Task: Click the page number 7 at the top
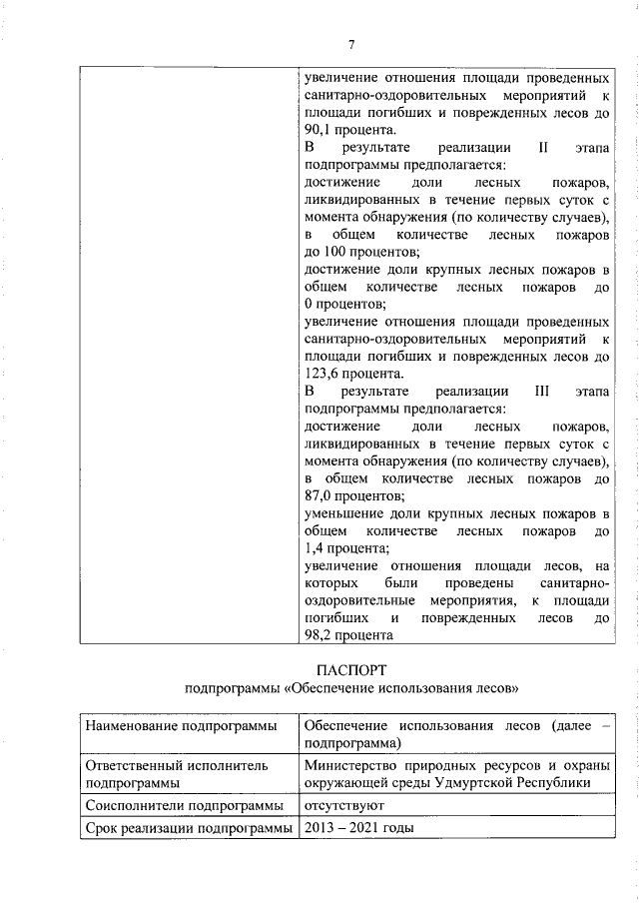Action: [x=351, y=44]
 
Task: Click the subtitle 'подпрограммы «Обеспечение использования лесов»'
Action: [x=351, y=689]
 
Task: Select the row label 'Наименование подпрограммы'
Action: [x=180, y=725]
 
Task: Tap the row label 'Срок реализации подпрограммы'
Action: [x=188, y=828]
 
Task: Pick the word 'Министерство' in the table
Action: [x=352, y=764]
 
